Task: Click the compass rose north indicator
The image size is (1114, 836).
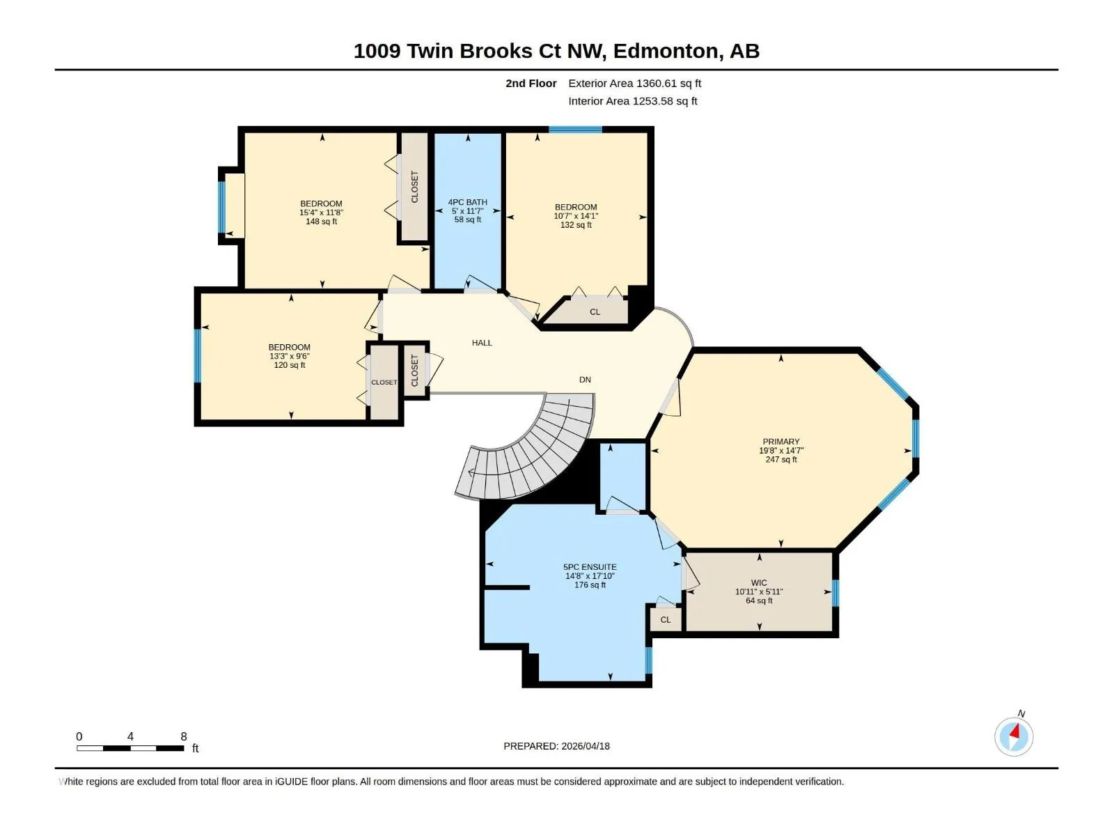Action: [x=1014, y=736]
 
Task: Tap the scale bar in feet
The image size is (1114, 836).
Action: [x=130, y=748]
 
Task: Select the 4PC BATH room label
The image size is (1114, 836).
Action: [x=467, y=210]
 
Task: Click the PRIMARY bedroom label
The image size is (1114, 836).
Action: [x=781, y=450]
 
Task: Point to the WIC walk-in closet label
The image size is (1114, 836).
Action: [x=759, y=591]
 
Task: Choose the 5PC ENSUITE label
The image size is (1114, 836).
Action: [x=590, y=575]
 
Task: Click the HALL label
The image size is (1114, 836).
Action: [x=482, y=343]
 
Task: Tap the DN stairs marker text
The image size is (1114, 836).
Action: [x=585, y=380]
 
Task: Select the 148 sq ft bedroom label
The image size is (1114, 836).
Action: [x=321, y=212]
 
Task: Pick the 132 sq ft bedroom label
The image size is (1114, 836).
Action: [x=576, y=216]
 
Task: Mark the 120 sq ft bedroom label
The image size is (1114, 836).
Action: [x=289, y=356]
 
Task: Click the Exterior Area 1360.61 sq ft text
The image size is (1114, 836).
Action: [x=634, y=83]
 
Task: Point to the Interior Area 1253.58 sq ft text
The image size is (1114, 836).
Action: [x=632, y=101]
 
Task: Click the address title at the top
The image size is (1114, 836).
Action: [x=556, y=52]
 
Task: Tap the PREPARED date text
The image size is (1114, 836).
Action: [x=556, y=746]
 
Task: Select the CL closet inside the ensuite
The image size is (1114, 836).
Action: [x=666, y=620]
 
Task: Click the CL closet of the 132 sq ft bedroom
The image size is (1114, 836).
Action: [x=595, y=311]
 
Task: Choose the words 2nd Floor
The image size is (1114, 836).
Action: [x=531, y=83]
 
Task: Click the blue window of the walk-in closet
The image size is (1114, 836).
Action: [x=835, y=593]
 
